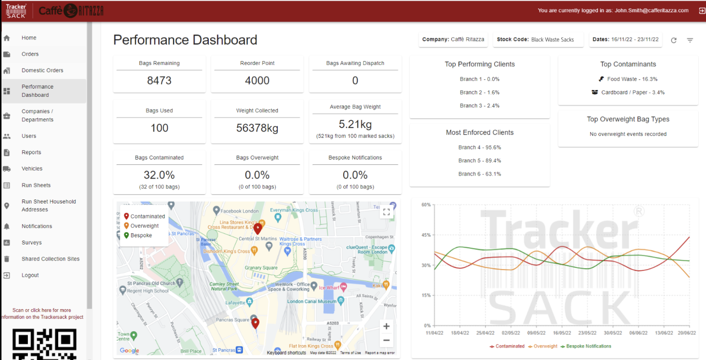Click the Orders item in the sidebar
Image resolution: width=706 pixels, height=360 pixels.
coord(30,54)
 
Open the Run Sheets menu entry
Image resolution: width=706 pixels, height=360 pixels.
coord(36,185)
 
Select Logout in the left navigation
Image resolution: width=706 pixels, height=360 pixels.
coord(30,275)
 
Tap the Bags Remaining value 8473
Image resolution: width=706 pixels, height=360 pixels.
coord(159,81)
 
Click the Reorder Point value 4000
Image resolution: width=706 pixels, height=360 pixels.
coord(257,81)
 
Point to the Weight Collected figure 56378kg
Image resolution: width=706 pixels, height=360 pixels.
coord(257,128)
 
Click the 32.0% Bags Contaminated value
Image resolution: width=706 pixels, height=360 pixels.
coord(159,175)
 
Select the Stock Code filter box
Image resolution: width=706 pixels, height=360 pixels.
coord(538,40)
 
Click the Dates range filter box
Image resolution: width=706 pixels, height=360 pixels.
coord(625,40)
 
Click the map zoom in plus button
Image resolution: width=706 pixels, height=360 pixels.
coord(386,326)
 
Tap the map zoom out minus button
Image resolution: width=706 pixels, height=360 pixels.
coord(386,340)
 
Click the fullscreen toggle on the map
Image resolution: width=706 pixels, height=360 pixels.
coord(386,212)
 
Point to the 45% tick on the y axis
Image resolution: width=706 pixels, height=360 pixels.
coord(425,235)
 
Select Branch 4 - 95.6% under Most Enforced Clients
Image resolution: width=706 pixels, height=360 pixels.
coord(480,147)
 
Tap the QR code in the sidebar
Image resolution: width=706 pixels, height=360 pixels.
coord(44,345)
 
